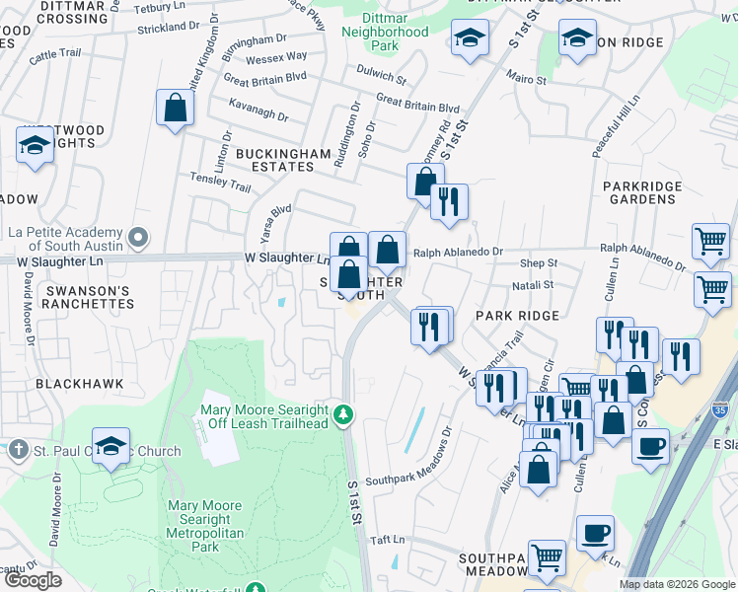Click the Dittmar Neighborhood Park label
(x=385, y=32)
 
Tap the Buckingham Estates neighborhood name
(x=274, y=161)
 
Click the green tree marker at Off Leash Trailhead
(x=342, y=414)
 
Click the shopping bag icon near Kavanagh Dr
(x=175, y=110)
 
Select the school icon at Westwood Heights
(x=36, y=144)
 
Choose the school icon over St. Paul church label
(x=111, y=446)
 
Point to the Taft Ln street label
(x=387, y=540)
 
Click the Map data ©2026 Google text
(x=676, y=584)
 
